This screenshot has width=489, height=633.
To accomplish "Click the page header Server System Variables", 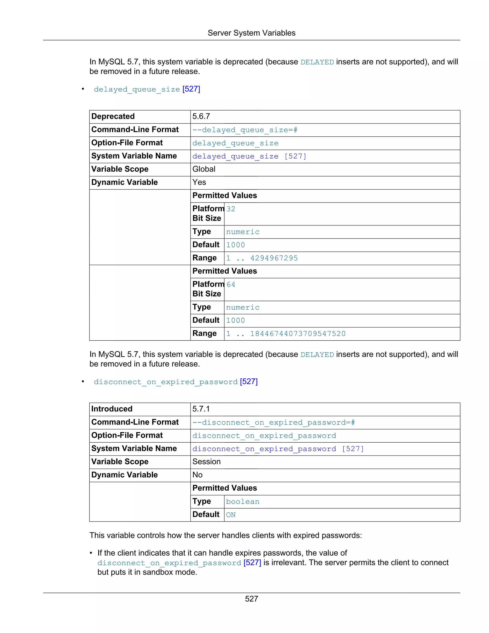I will tap(251, 33).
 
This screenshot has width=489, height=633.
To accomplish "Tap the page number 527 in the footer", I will tap(251, 599).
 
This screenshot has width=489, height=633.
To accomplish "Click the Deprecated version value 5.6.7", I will tap(201, 117).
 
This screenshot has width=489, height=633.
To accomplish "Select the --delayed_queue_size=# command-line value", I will tap(245, 130).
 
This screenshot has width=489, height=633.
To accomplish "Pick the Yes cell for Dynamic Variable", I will tap(199, 182).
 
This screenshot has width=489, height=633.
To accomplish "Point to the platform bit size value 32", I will tap(231, 209).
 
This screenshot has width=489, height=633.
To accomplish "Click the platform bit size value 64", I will tap(231, 285).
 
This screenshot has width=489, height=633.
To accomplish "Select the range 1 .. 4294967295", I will tap(262, 258).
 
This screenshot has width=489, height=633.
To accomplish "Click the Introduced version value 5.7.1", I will tap(201, 409).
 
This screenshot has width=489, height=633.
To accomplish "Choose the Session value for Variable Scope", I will tap(206, 462).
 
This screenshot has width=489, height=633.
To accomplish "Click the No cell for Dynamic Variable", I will tap(197, 475).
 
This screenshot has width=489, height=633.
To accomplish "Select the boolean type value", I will tap(243, 502).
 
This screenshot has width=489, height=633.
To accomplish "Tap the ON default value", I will tap(231, 515).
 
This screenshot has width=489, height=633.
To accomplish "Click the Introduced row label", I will tap(112, 409).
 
